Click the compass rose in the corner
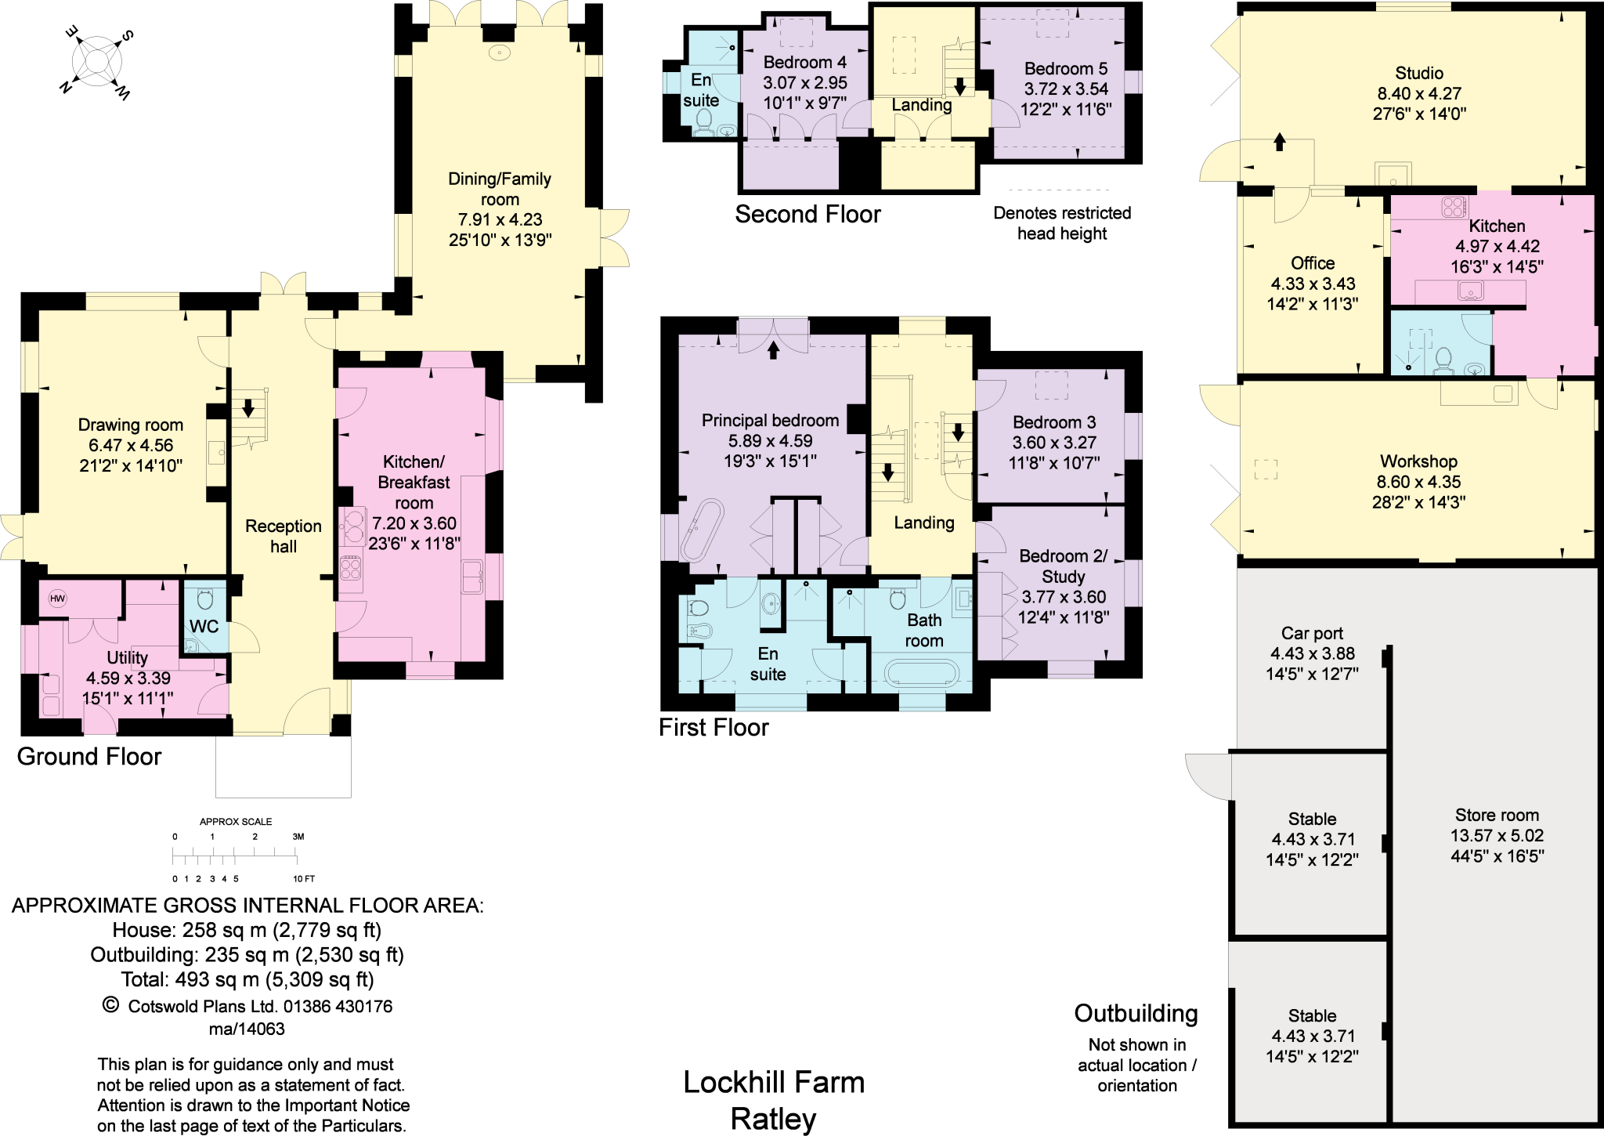pyautogui.click(x=96, y=62)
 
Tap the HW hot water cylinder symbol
pyautogui.click(x=57, y=599)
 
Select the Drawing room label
pyautogui.click(x=131, y=425)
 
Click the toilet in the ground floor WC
pyautogui.click(x=205, y=599)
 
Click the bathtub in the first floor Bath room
pyautogui.click(x=920, y=674)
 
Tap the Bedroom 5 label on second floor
pyautogui.click(x=1065, y=69)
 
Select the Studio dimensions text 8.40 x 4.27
pyautogui.click(x=1419, y=93)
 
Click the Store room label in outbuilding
pyautogui.click(x=1497, y=815)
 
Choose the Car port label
pyautogui.click(x=1312, y=633)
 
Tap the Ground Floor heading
pyautogui.click(x=89, y=757)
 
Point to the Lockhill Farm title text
pyautogui.click(x=774, y=1083)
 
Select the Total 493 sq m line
pyautogui.click(x=247, y=980)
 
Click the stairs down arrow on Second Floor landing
pyautogui.click(x=959, y=85)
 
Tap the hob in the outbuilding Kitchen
pyautogui.click(x=1453, y=207)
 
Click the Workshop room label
pyautogui.click(x=1418, y=461)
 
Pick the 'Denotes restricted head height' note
pyautogui.click(x=1062, y=223)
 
